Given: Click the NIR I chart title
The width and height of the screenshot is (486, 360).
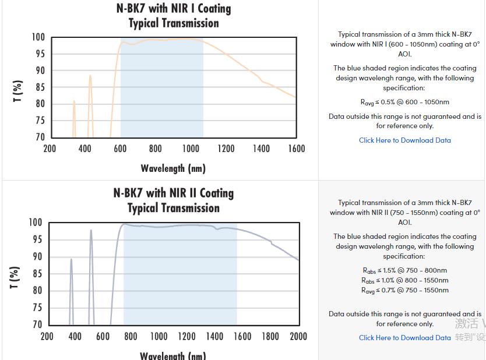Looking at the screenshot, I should coord(174,16).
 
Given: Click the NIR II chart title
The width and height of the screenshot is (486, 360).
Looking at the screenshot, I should coord(174,200).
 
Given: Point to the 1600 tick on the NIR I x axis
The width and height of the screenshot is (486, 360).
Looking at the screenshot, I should coord(297,149).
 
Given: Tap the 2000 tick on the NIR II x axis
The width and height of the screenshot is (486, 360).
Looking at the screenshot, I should coord(298,336).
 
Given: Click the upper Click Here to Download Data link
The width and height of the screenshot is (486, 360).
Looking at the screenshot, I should coord(404,140).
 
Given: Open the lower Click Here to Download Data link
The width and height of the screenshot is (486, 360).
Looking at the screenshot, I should coord(404,338).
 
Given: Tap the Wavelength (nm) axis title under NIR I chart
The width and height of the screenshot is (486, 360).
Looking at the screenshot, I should coord(173,168).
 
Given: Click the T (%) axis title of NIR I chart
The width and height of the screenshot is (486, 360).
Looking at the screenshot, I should coord(18,91).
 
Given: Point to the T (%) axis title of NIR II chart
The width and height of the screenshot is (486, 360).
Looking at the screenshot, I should coord(16,277).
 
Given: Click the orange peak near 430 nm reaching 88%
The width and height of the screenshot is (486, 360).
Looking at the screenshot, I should coord(90,76).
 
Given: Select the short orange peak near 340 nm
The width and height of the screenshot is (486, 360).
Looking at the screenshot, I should coord(74,103).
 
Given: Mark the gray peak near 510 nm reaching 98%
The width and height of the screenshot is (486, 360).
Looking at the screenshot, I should coord(91,231).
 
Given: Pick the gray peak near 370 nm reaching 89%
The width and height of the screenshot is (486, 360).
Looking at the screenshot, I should coord(71,260).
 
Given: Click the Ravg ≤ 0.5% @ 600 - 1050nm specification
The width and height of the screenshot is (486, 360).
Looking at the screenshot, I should coord(404,102).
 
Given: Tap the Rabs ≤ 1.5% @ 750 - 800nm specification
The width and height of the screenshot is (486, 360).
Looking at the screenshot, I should coord(404,270).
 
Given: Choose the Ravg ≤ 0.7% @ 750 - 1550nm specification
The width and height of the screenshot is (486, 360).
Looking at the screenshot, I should coord(404,290).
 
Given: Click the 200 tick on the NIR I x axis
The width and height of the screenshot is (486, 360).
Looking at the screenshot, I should coord(50,149).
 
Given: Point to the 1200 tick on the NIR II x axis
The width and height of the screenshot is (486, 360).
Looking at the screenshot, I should coord(186,336).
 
